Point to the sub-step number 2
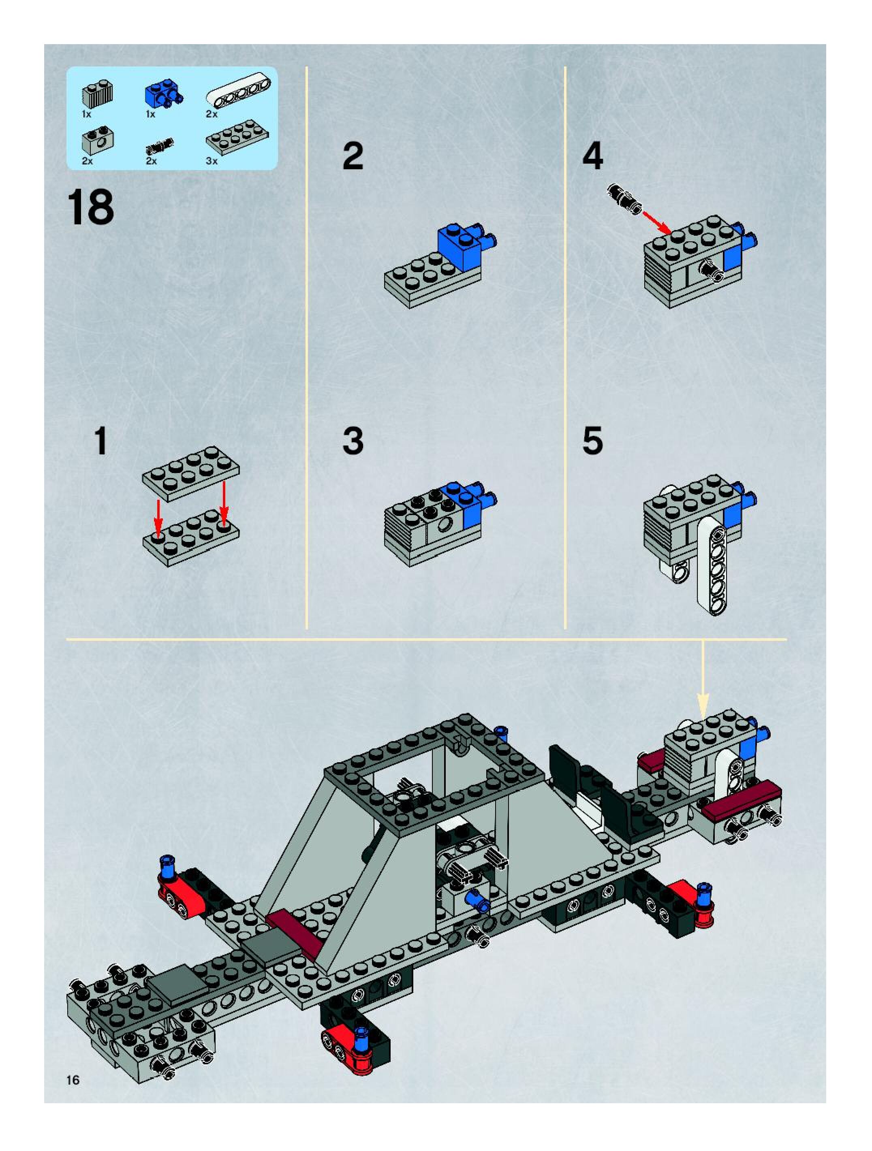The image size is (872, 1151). coord(353,156)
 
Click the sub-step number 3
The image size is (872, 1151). coord(353,441)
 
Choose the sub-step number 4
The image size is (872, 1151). coord(592,156)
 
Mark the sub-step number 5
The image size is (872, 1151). coord(592,441)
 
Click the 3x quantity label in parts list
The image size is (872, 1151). coord(212,161)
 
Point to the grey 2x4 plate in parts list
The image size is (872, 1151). coord(237,137)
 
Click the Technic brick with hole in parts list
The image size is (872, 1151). coord(97,139)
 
